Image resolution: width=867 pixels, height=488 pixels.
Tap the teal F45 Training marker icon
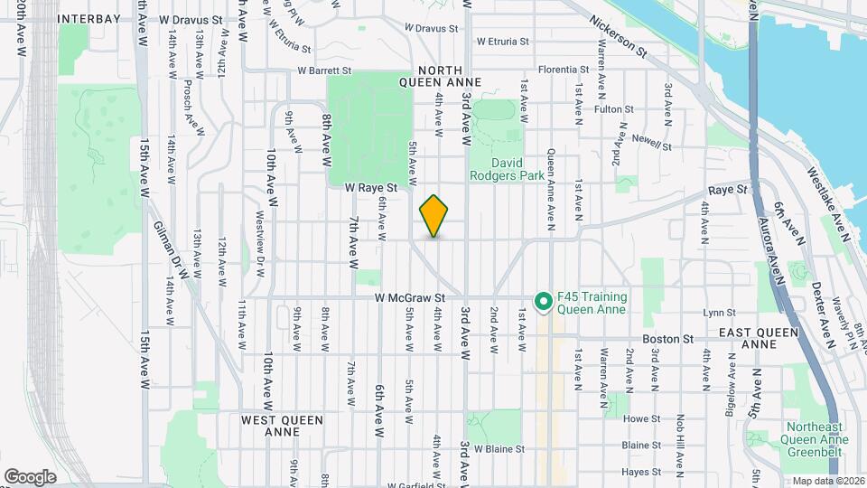pos(543,301)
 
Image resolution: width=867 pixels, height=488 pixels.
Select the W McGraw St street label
pos(412,296)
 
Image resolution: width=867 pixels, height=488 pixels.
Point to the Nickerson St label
pos(619,36)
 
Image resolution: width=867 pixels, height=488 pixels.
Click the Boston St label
pos(667,339)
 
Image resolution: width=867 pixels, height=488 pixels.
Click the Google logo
pos(30,476)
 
